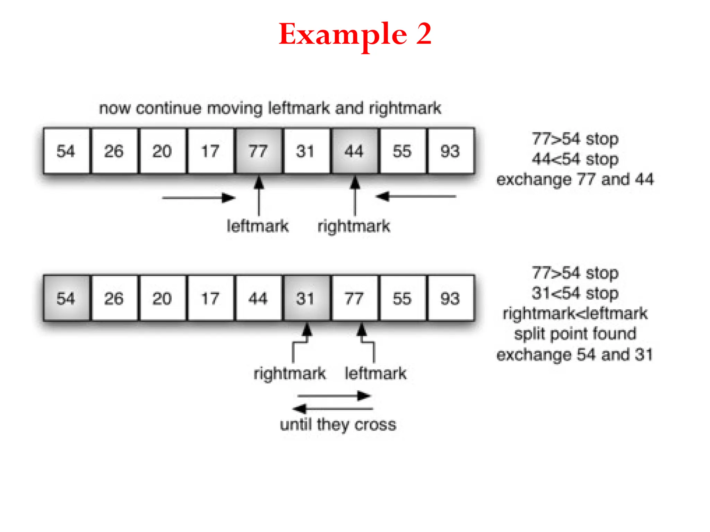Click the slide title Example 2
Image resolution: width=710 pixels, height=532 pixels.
(355, 34)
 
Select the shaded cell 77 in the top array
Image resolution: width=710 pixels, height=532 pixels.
(258, 151)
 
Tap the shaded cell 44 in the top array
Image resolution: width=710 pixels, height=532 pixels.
(354, 151)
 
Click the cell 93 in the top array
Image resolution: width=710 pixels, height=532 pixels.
(450, 151)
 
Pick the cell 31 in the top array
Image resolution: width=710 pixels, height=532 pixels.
(306, 151)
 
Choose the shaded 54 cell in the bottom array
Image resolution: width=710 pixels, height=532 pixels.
(66, 298)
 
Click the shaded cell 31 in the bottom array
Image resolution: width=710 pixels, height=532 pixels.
(306, 298)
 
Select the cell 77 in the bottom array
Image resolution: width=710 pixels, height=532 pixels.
(354, 298)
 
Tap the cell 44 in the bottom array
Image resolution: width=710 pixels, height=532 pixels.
(258, 298)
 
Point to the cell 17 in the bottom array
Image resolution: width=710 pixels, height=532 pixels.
(210, 298)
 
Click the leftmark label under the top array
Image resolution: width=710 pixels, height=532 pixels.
(258, 226)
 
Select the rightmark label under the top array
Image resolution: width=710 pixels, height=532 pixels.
(354, 226)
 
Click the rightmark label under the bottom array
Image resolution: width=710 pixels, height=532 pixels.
(290, 373)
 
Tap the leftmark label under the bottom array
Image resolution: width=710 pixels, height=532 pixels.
(375, 373)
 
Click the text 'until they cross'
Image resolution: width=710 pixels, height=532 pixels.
(338, 424)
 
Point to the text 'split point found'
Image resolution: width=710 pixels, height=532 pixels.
(575, 334)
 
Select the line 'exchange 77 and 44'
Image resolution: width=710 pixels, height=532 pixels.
(575, 179)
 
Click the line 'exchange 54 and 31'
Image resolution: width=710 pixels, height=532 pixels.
(575, 355)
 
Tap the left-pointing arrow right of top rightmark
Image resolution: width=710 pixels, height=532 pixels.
(416, 196)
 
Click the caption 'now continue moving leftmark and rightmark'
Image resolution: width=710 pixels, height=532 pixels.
(270, 108)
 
